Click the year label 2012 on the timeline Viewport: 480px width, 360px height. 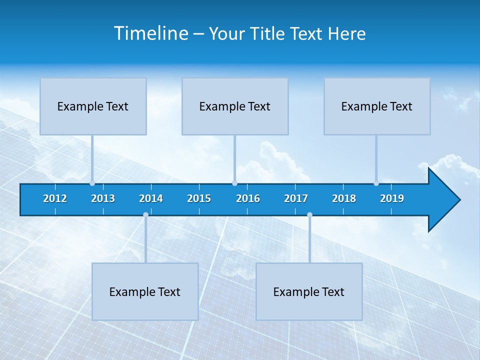(x=55, y=198)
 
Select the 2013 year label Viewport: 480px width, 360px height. (x=103, y=198)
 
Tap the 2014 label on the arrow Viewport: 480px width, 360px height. (x=151, y=198)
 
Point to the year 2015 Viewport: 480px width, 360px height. (x=199, y=198)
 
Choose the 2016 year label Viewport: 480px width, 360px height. (x=248, y=198)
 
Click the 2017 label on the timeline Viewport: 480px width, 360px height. (x=296, y=198)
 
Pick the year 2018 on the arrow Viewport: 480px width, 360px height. (x=344, y=198)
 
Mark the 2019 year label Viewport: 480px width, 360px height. (x=392, y=198)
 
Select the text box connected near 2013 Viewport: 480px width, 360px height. (x=93, y=106)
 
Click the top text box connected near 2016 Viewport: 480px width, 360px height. (x=235, y=106)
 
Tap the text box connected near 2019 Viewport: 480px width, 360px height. (x=377, y=106)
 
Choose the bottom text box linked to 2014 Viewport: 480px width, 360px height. (x=145, y=291)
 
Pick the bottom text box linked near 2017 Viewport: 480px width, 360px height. (x=309, y=291)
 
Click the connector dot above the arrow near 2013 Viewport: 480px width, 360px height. (x=92, y=183)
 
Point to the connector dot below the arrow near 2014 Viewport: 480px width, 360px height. (x=145, y=215)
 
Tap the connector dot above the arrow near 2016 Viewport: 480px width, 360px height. (x=234, y=183)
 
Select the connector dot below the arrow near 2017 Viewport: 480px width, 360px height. (x=309, y=215)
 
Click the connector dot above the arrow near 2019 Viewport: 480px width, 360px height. (x=376, y=183)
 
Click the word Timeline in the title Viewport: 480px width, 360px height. (x=151, y=33)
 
